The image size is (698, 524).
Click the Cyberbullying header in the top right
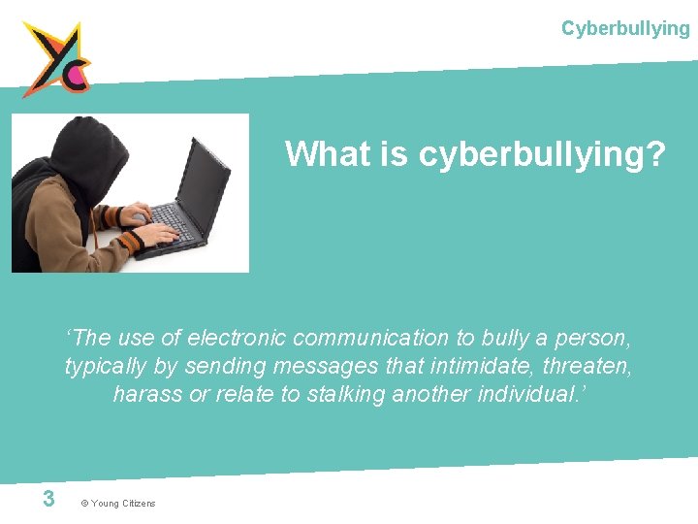pyautogui.click(x=625, y=28)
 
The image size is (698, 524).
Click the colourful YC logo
pyautogui.click(x=57, y=58)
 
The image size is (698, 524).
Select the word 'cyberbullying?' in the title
pyautogui.click(x=543, y=154)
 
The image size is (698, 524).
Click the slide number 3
pyautogui.click(x=48, y=499)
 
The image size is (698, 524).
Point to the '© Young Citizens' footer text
pyautogui.click(x=117, y=503)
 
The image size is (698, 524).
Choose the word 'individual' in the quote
pyautogui.click(x=527, y=394)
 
